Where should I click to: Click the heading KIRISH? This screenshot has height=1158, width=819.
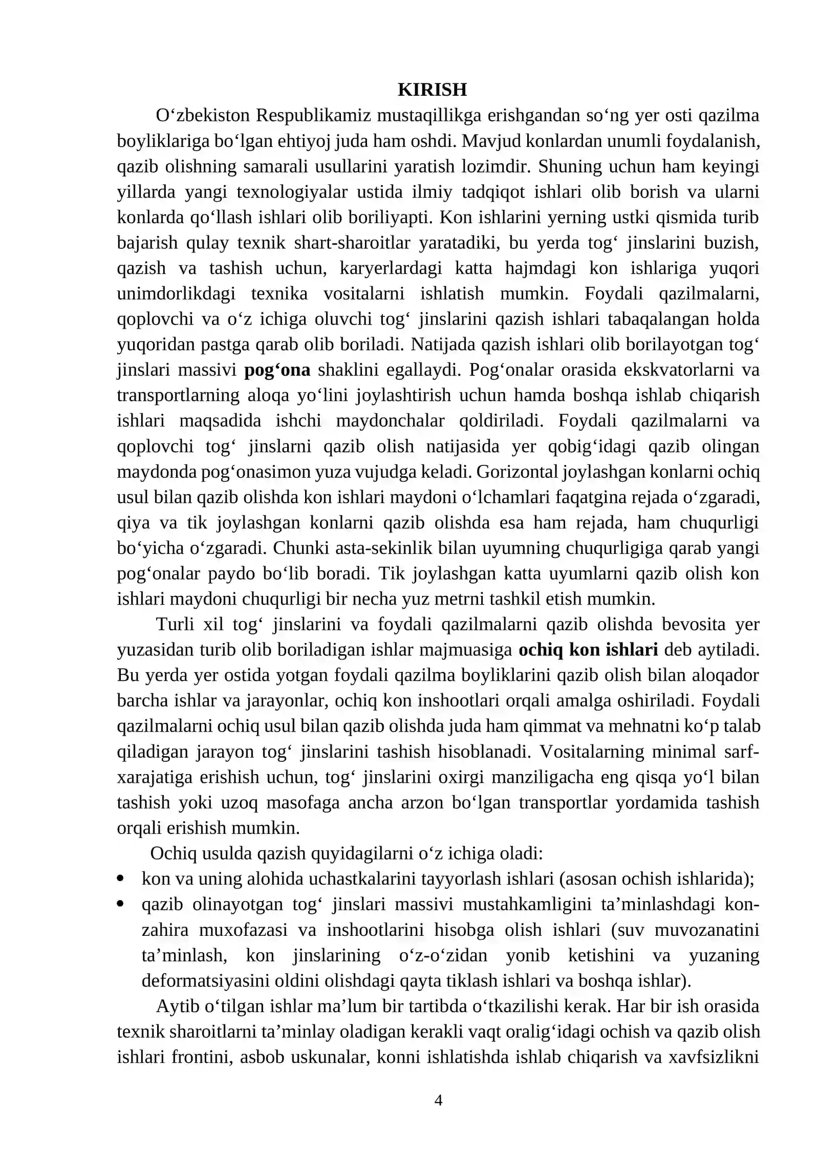[432, 90]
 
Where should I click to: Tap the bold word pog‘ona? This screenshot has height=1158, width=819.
[277, 370]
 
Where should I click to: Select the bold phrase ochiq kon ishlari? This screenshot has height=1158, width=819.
[588, 650]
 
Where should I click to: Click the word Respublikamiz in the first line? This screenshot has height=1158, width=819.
[313, 116]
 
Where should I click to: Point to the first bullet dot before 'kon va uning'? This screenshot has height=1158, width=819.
[121, 879]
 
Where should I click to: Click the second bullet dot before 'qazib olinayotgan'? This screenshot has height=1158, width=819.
[121, 905]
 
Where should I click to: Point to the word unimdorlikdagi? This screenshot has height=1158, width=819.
[176, 294]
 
